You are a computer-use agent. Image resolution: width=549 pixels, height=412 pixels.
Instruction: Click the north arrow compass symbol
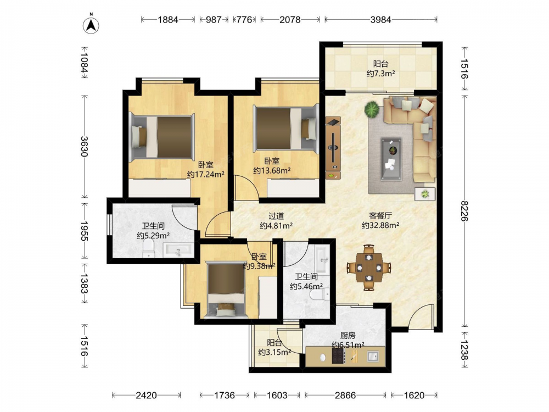click(x=91, y=25)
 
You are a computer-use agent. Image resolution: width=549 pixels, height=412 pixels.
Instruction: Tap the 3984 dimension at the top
click(x=380, y=20)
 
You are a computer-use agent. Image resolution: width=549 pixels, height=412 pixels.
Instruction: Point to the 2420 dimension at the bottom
click(x=146, y=396)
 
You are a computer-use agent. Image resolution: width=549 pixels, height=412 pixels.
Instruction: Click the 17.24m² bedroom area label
click(x=205, y=174)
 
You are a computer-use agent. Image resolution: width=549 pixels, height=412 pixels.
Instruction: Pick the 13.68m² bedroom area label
click(x=272, y=171)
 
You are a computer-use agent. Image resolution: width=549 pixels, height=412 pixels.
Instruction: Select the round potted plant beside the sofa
click(x=372, y=109)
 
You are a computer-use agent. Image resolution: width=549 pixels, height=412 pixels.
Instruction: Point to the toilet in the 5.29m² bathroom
click(x=149, y=249)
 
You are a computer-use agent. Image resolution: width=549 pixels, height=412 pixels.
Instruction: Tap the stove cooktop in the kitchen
click(x=338, y=357)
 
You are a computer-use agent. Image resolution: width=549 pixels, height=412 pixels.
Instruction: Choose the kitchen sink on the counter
click(x=373, y=357)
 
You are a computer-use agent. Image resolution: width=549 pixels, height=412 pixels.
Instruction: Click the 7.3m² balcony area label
click(x=380, y=74)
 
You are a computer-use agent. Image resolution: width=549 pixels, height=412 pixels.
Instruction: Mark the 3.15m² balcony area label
click(x=274, y=352)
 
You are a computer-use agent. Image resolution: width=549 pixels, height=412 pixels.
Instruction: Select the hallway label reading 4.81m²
click(x=276, y=226)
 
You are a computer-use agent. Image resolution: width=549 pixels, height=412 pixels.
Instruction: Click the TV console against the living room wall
click(x=333, y=148)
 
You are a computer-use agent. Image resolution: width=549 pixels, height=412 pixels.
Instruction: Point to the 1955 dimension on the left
click(x=84, y=231)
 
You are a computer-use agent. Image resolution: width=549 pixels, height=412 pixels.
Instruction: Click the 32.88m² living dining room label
click(x=380, y=225)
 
